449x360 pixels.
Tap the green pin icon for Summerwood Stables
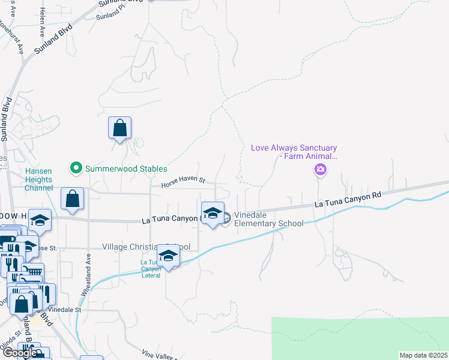76,169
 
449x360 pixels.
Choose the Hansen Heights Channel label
38,179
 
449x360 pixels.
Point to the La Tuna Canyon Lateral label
151,269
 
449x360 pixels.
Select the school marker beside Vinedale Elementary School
212,214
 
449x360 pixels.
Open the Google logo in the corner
19,353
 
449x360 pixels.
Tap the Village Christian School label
146,247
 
